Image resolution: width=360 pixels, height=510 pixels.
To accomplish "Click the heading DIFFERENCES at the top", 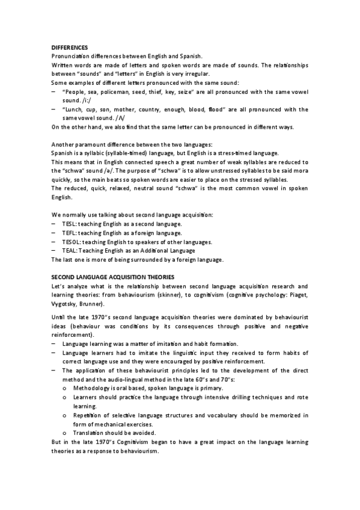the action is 70,47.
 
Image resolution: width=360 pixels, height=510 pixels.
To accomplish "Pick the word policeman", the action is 120,92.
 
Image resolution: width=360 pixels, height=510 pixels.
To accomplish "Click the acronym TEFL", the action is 69,232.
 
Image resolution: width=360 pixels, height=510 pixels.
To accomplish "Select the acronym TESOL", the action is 71,241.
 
